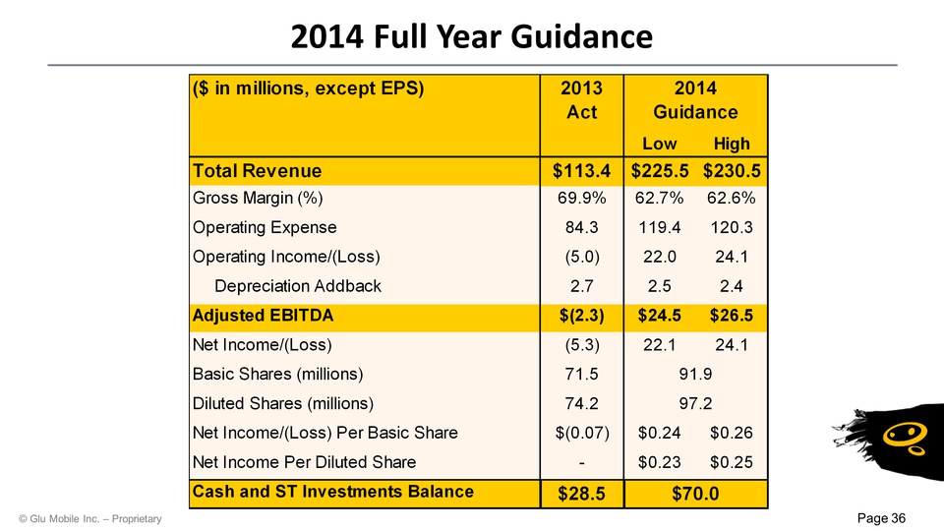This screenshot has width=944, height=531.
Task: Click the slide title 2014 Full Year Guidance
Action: pyautogui.click(x=471, y=36)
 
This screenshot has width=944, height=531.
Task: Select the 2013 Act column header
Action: pyautogui.click(x=581, y=99)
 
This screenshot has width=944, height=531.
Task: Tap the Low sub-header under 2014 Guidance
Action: pyautogui.click(x=659, y=144)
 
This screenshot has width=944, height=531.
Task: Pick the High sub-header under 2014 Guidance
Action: pyautogui.click(x=732, y=144)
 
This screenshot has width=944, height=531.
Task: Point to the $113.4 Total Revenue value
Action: pyautogui.click(x=581, y=170)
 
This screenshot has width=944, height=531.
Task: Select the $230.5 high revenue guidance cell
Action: pyautogui.click(x=737, y=170)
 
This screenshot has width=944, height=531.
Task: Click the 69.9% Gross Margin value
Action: pyautogui.click(x=582, y=199)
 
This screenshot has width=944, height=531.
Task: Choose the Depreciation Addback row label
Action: pyautogui.click(x=298, y=286)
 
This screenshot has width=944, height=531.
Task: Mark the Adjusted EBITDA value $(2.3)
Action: pyautogui.click(x=581, y=316)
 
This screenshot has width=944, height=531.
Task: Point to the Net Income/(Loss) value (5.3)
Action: pyautogui.click(x=583, y=345)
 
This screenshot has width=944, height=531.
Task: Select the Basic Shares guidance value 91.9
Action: pyautogui.click(x=695, y=374)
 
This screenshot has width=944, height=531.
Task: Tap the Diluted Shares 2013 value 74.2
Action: pyautogui.click(x=582, y=403)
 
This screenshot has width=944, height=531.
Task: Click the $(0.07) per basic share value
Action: pyautogui.click(x=581, y=433)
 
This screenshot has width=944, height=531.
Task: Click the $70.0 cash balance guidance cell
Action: pyautogui.click(x=695, y=493)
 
